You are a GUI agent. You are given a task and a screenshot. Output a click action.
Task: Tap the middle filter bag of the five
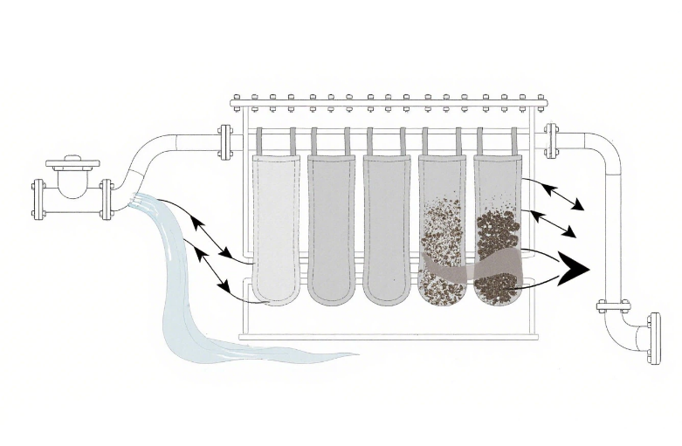[385, 227]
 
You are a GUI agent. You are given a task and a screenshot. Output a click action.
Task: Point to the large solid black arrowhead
[571, 266]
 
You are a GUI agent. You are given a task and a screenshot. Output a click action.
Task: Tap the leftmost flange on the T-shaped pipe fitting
[39, 199]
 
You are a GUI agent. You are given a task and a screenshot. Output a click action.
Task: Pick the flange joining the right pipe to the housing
[552, 141]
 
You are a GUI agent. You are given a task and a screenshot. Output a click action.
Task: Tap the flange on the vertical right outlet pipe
[613, 305]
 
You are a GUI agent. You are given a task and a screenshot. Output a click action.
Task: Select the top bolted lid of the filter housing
[388, 103]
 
